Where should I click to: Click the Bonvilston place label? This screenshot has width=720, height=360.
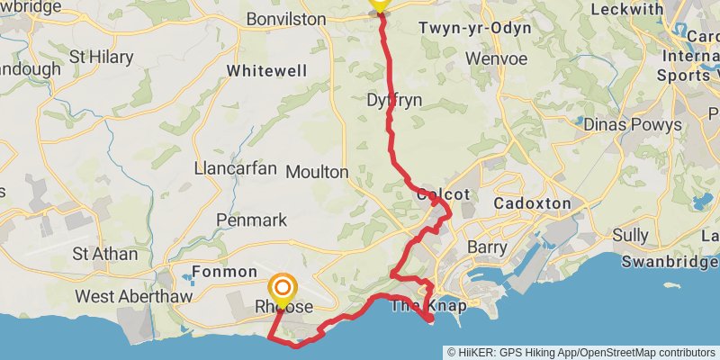point(285,18)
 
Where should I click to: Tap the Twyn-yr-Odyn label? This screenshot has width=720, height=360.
point(475,28)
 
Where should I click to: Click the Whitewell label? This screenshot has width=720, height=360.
point(266,70)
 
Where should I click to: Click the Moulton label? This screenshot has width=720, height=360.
point(317,171)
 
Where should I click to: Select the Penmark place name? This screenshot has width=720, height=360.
point(252,220)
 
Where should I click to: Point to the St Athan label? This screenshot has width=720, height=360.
point(105,254)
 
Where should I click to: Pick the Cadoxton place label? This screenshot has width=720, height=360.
point(532,204)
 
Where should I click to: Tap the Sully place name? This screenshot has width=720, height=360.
point(630,236)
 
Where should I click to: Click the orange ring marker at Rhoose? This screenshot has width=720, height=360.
point(283,288)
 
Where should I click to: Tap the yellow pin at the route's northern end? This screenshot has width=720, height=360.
point(380,4)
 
